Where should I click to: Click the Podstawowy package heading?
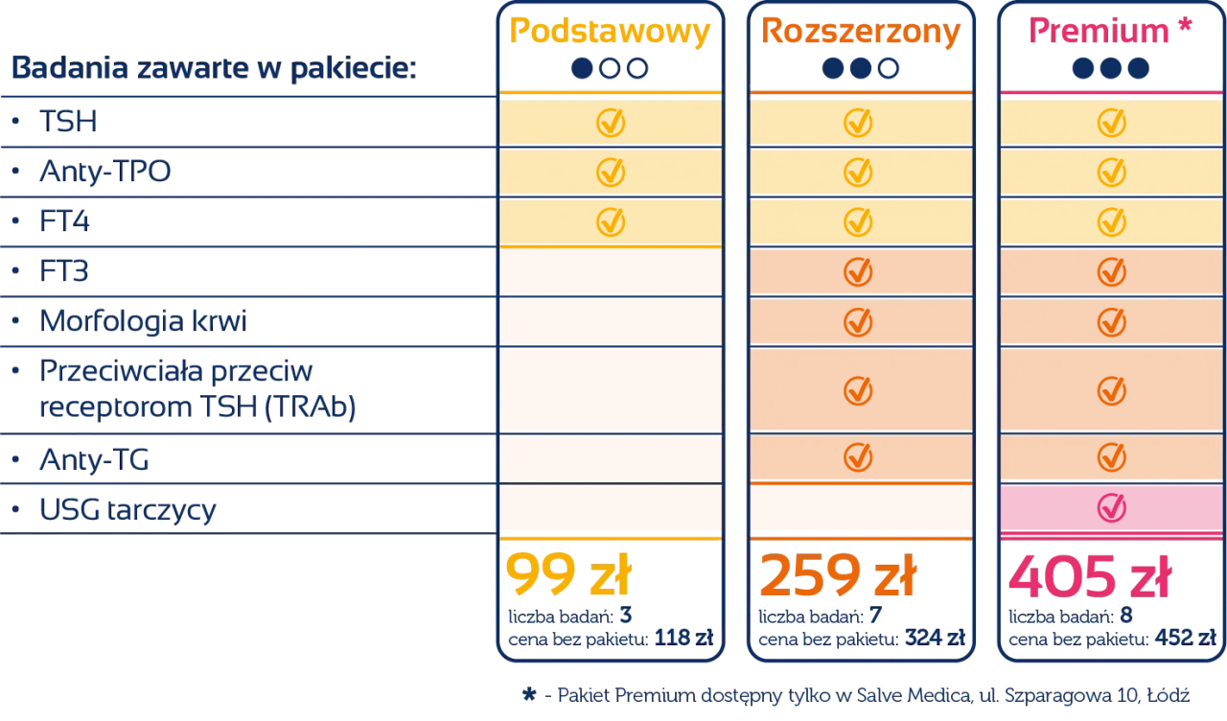(610, 33)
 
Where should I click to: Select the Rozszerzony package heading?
(860, 33)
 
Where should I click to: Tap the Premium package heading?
(1100, 33)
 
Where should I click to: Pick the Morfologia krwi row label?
(142, 322)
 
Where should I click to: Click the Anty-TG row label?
(95, 461)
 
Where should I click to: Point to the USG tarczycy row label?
(128, 509)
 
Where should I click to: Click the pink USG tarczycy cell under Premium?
(1110, 508)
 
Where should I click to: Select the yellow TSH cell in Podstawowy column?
(611, 122)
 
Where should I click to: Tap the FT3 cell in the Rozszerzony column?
(860, 271)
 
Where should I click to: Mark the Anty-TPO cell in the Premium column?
(1110, 172)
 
